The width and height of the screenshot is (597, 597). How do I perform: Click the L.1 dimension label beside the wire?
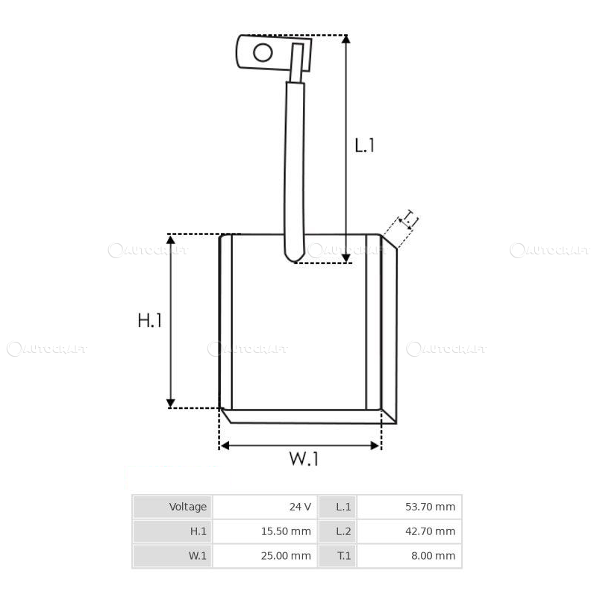(364, 145)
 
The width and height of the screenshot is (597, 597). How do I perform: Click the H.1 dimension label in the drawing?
(149, 321)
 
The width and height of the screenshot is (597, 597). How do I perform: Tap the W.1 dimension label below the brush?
(304, 460)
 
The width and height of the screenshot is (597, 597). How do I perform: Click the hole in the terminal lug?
(263, 52)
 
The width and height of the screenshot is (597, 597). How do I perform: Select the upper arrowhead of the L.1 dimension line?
(346, 40)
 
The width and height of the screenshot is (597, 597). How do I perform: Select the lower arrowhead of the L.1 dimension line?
(346, 257)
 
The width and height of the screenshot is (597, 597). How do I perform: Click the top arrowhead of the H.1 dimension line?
(171, 240)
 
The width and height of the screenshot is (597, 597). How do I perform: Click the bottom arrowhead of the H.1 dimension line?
(171, 403)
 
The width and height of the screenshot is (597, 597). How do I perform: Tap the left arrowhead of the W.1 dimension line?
(225, 446)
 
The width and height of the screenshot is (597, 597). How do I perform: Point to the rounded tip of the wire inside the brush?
(294, 258)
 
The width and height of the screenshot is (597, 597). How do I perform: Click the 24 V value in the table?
(300, 507)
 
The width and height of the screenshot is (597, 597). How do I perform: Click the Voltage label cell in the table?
(187, 507)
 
